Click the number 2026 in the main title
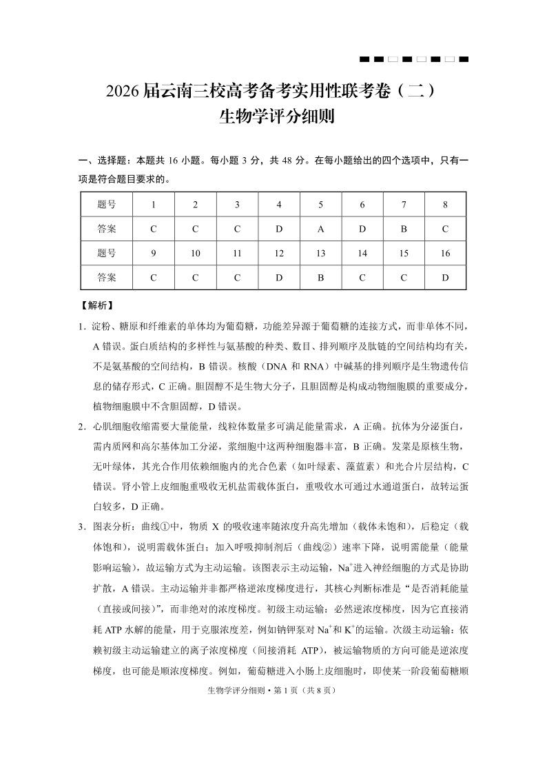[x=123, y=92]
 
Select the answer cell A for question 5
[x=320, y=229]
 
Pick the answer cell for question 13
[x=320, y=278]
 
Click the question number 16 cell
[x=445, y=254]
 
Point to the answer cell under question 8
[x=445, y=229]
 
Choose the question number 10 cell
[x=196, y=254]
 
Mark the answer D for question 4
[x=279, y=229]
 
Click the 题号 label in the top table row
[x=107, y=204]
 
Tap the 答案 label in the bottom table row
[x=107, y=278]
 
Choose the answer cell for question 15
[x=404, y=278]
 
